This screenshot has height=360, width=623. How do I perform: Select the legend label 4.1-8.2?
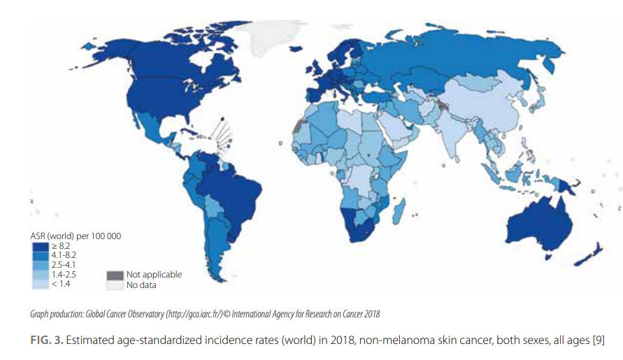pyautogui.click(x=64, y=255)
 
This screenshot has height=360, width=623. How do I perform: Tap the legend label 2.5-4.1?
pyautogui.click(x=64, y=265)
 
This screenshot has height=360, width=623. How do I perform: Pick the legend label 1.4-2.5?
pyautogui.click(x=64, y=275)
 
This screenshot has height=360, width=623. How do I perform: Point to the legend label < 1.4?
pyautogui.click(x=62, y=285)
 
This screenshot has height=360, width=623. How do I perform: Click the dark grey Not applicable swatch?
pyautogui.click(x=115, y=275)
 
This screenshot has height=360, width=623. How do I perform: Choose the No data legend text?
pyautogui.click(x=141, y=285)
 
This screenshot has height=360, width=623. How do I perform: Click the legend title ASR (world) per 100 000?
pyautogui.click(x=76, y=236)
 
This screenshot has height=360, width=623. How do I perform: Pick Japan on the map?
pyautogui.click(x=539, y=105)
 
